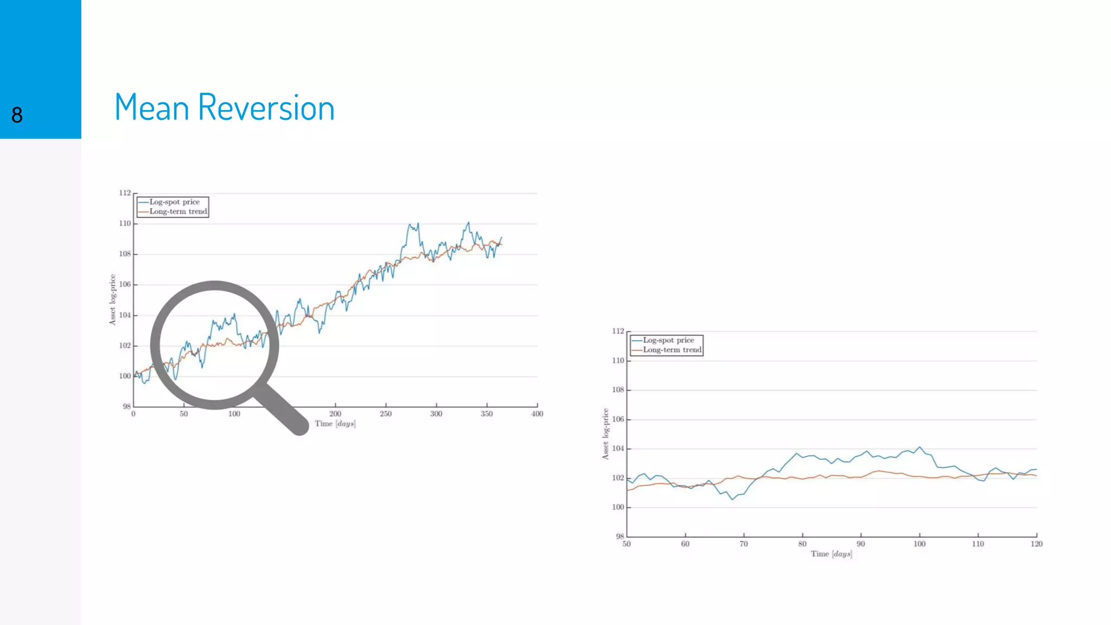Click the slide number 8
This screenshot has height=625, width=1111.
click(x=17, y=115)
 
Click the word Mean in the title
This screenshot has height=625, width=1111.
click(x=151, y=107)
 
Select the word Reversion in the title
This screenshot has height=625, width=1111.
click(x=266, y=107)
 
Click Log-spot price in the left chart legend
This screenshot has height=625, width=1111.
click(x=174, y=202)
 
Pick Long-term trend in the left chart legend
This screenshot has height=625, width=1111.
click(x=178, y=212)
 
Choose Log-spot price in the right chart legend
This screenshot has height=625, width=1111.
click(x=668, y=340)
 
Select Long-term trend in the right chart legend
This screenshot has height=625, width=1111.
click(x=672, y=350)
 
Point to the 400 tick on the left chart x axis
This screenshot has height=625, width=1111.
click(x=537, y=413)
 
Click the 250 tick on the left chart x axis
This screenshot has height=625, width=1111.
click(x=386, y=413)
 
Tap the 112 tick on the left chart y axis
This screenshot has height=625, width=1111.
click(x=125, y=193)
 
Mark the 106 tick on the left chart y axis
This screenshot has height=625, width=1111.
click(x=125, y=284)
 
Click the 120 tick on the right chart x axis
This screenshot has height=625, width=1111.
click(x=1036, y=544)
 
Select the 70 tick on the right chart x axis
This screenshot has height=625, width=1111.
click(x=744, y=544)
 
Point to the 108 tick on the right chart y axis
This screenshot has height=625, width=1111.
click(x=618, y=390)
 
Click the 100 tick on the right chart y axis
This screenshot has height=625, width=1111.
click(x=618, y=507)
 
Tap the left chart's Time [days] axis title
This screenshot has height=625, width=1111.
click(x=335, y=424)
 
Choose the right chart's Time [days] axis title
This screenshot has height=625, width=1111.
click(x=831, y=554)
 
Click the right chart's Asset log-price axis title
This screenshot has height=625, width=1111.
click(x=605, y=434)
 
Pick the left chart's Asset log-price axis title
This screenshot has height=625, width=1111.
click(x=112, y=299)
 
